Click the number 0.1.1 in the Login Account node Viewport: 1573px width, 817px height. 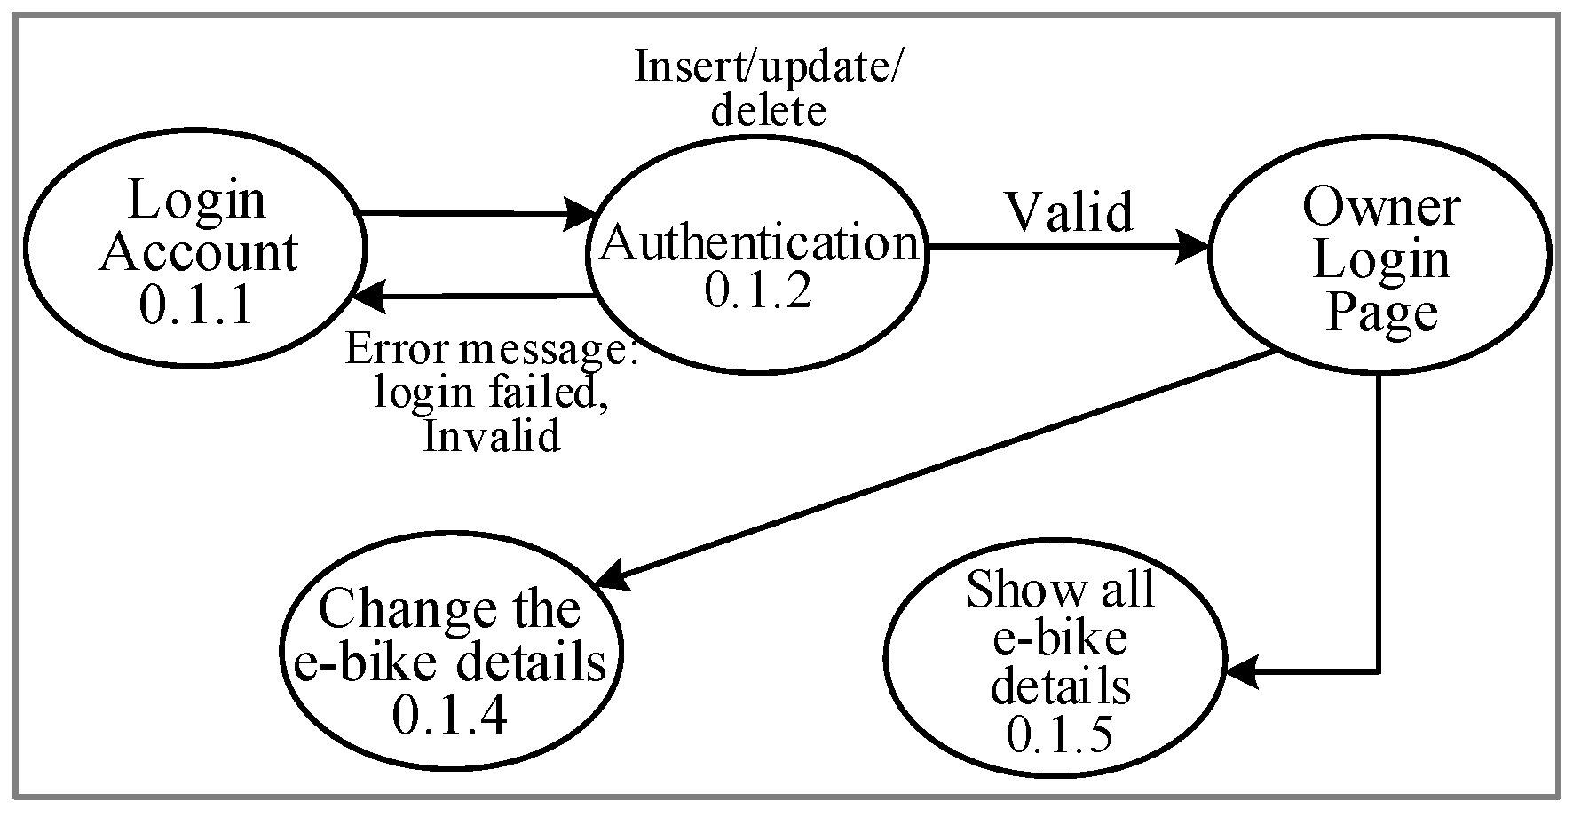point(197,305)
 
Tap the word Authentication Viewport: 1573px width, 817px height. point(760,242)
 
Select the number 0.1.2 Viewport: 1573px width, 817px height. point(758,291)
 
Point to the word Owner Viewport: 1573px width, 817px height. point(1380,208)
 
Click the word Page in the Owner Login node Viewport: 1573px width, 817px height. point(1380,313)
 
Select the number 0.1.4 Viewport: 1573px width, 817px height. point(449,716)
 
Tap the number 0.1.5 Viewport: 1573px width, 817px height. point(1059,734)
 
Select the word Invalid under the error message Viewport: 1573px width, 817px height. point(491,437)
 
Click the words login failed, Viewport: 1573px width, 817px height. point(491,393)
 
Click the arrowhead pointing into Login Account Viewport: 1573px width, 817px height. point(368,296)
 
